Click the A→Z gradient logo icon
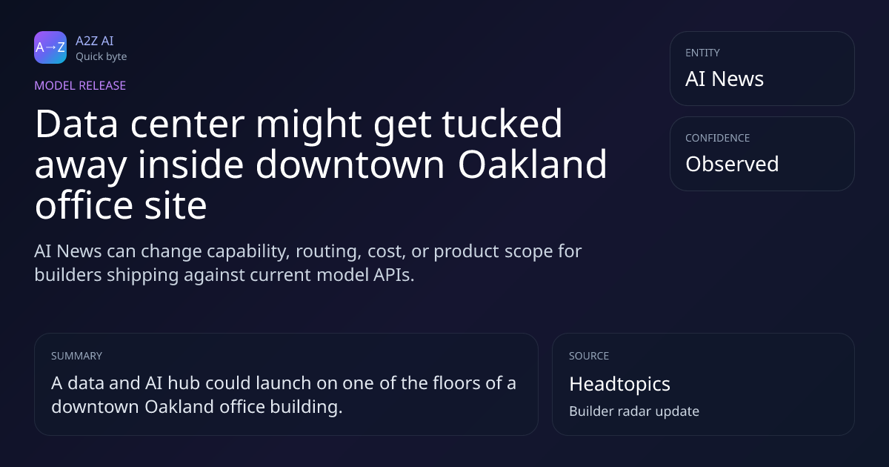(x=50, y=47)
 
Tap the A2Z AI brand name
(x=95, y=41)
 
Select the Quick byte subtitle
(x=101, y=57)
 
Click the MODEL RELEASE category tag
(x=80, y=85)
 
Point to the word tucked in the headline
(x=502, y=124)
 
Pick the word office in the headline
(x=84, y=206)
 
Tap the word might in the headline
(x=309, y=125)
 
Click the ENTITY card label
(x=702, y=53)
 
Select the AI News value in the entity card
(x=725, y=79)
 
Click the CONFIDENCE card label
(x=718, y=138)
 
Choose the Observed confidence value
(x=732, y=164)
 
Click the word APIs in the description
(x=393, y=275)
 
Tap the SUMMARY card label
(x=76, y=356)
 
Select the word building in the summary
(x=306, y=407)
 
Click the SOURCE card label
(x=589, y=356)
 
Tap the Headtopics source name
(x=619, y=385)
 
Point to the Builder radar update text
(x=634, y=411)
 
